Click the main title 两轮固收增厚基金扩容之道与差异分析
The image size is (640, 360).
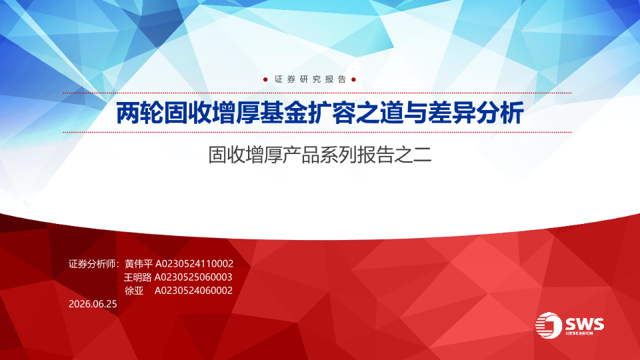[320, 113]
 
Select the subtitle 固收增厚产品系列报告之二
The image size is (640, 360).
[320, 155]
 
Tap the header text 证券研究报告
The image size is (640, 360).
[310, 79]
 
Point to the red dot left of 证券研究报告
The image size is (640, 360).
[265, 79]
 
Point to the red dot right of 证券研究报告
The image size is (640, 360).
[353, 79]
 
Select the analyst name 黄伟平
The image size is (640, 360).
[139, 264]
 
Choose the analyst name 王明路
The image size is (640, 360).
[137, 277]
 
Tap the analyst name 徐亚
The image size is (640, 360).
[134, 291]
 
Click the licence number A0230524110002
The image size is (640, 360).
[194, 264]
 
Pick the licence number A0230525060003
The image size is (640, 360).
[193, 277]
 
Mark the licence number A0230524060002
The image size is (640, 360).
[193, 291]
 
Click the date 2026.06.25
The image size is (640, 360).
[93, 304]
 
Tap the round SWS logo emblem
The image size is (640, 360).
[549, 325]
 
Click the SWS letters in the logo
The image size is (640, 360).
[585, 324]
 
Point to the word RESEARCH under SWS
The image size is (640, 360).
[579, 333]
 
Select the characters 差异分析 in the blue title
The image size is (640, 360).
[476, 113]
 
